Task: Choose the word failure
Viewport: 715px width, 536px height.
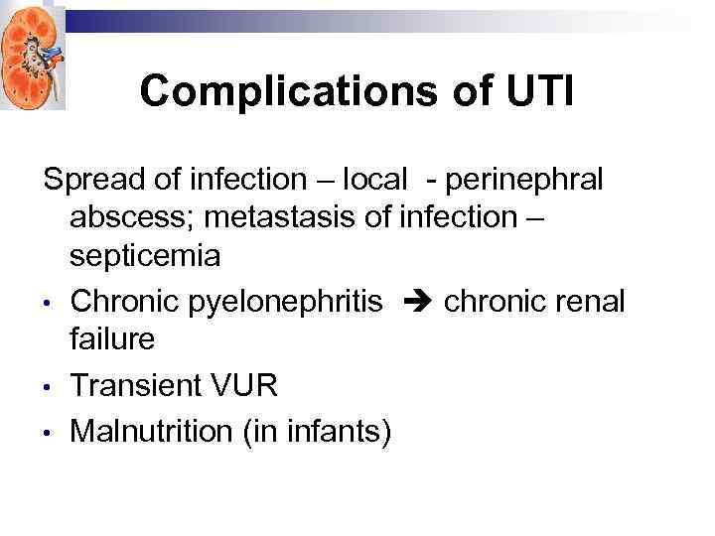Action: click(x=112, y=338)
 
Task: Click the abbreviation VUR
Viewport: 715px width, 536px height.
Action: click(x=244, y=385)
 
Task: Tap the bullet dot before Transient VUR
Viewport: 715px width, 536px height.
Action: click(x=48, y=387)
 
